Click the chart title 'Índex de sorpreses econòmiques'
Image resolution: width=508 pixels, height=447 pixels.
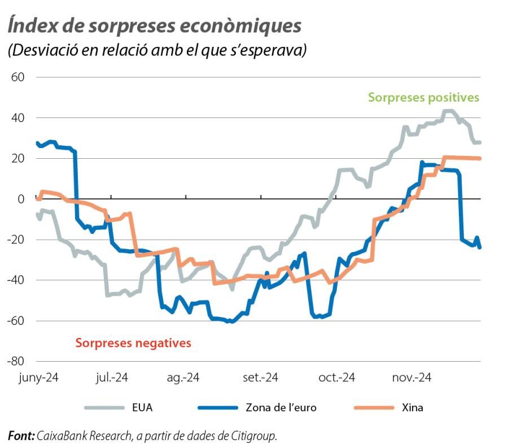point(154,25)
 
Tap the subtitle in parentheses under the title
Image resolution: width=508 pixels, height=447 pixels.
point(157,50)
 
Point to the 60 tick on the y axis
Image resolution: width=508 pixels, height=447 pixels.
point(18,77)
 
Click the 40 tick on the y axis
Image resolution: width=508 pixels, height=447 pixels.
point(18,118)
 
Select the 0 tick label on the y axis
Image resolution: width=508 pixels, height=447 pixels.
point(21,199)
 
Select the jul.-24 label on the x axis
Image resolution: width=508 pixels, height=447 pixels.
point(111,377)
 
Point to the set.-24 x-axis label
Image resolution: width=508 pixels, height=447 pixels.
point(261,377)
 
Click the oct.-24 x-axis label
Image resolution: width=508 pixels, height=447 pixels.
point(336,377)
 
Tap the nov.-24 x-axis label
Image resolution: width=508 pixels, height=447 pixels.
point(411,377)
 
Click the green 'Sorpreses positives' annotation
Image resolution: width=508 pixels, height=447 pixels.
point(423,98)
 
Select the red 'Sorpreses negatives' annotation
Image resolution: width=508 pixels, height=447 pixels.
point(133,342)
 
